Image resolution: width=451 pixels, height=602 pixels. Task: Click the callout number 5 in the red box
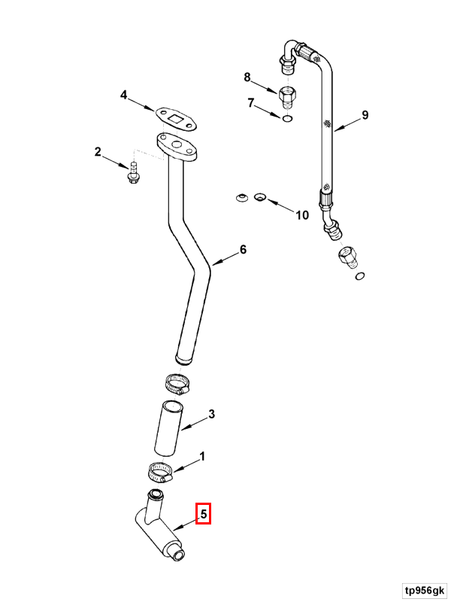tap(203, 514)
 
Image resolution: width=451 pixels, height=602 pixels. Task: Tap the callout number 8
tap(247, 78)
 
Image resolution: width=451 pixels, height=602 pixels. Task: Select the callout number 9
tap(365, 115)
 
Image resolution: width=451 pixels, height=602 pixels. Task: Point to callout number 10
tap(302, 215)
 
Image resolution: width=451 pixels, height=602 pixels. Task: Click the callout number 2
tap(98, 152)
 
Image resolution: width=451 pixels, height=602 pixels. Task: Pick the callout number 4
tap(123, 95)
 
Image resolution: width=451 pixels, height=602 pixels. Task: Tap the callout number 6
tap(243, 250)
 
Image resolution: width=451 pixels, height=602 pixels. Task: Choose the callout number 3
tap(212, 415)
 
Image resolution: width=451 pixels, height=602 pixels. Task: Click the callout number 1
tap(202, 457)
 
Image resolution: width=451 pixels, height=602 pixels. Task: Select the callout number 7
tap(251, 103)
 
